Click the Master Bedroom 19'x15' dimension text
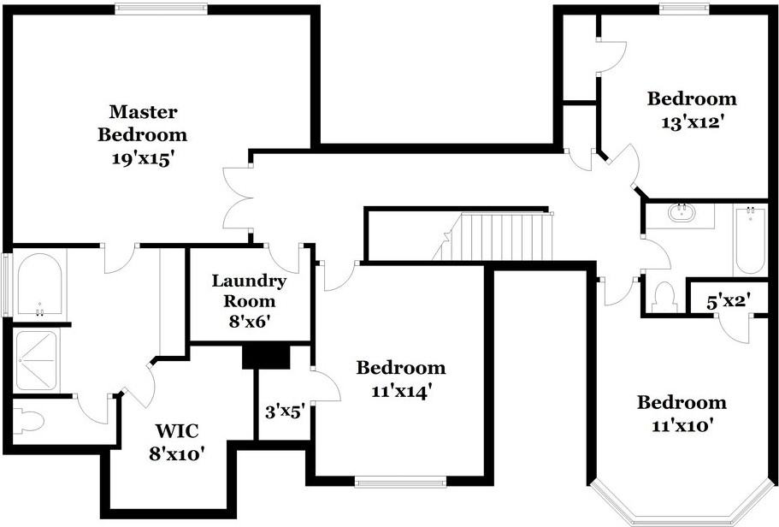click(142, 159)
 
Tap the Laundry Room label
click(249, 291)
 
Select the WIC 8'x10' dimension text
click(177, 453)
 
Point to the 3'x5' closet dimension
click(285, 412)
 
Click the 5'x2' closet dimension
click(728, 301)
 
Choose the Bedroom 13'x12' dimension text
click(691, 121)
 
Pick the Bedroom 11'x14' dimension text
click(400, 392)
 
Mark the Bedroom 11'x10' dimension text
click(682, 425)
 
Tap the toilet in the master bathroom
click(28, 422)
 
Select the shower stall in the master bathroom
click(36, 361)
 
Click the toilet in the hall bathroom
click(664, 298)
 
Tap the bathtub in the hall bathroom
click(750, 240)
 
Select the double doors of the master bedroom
click(238, 198)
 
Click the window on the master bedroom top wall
click(161, 8)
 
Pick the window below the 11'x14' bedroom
click(400, 481)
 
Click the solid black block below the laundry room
click(266, 357)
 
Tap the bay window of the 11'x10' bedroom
click(682, 502)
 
